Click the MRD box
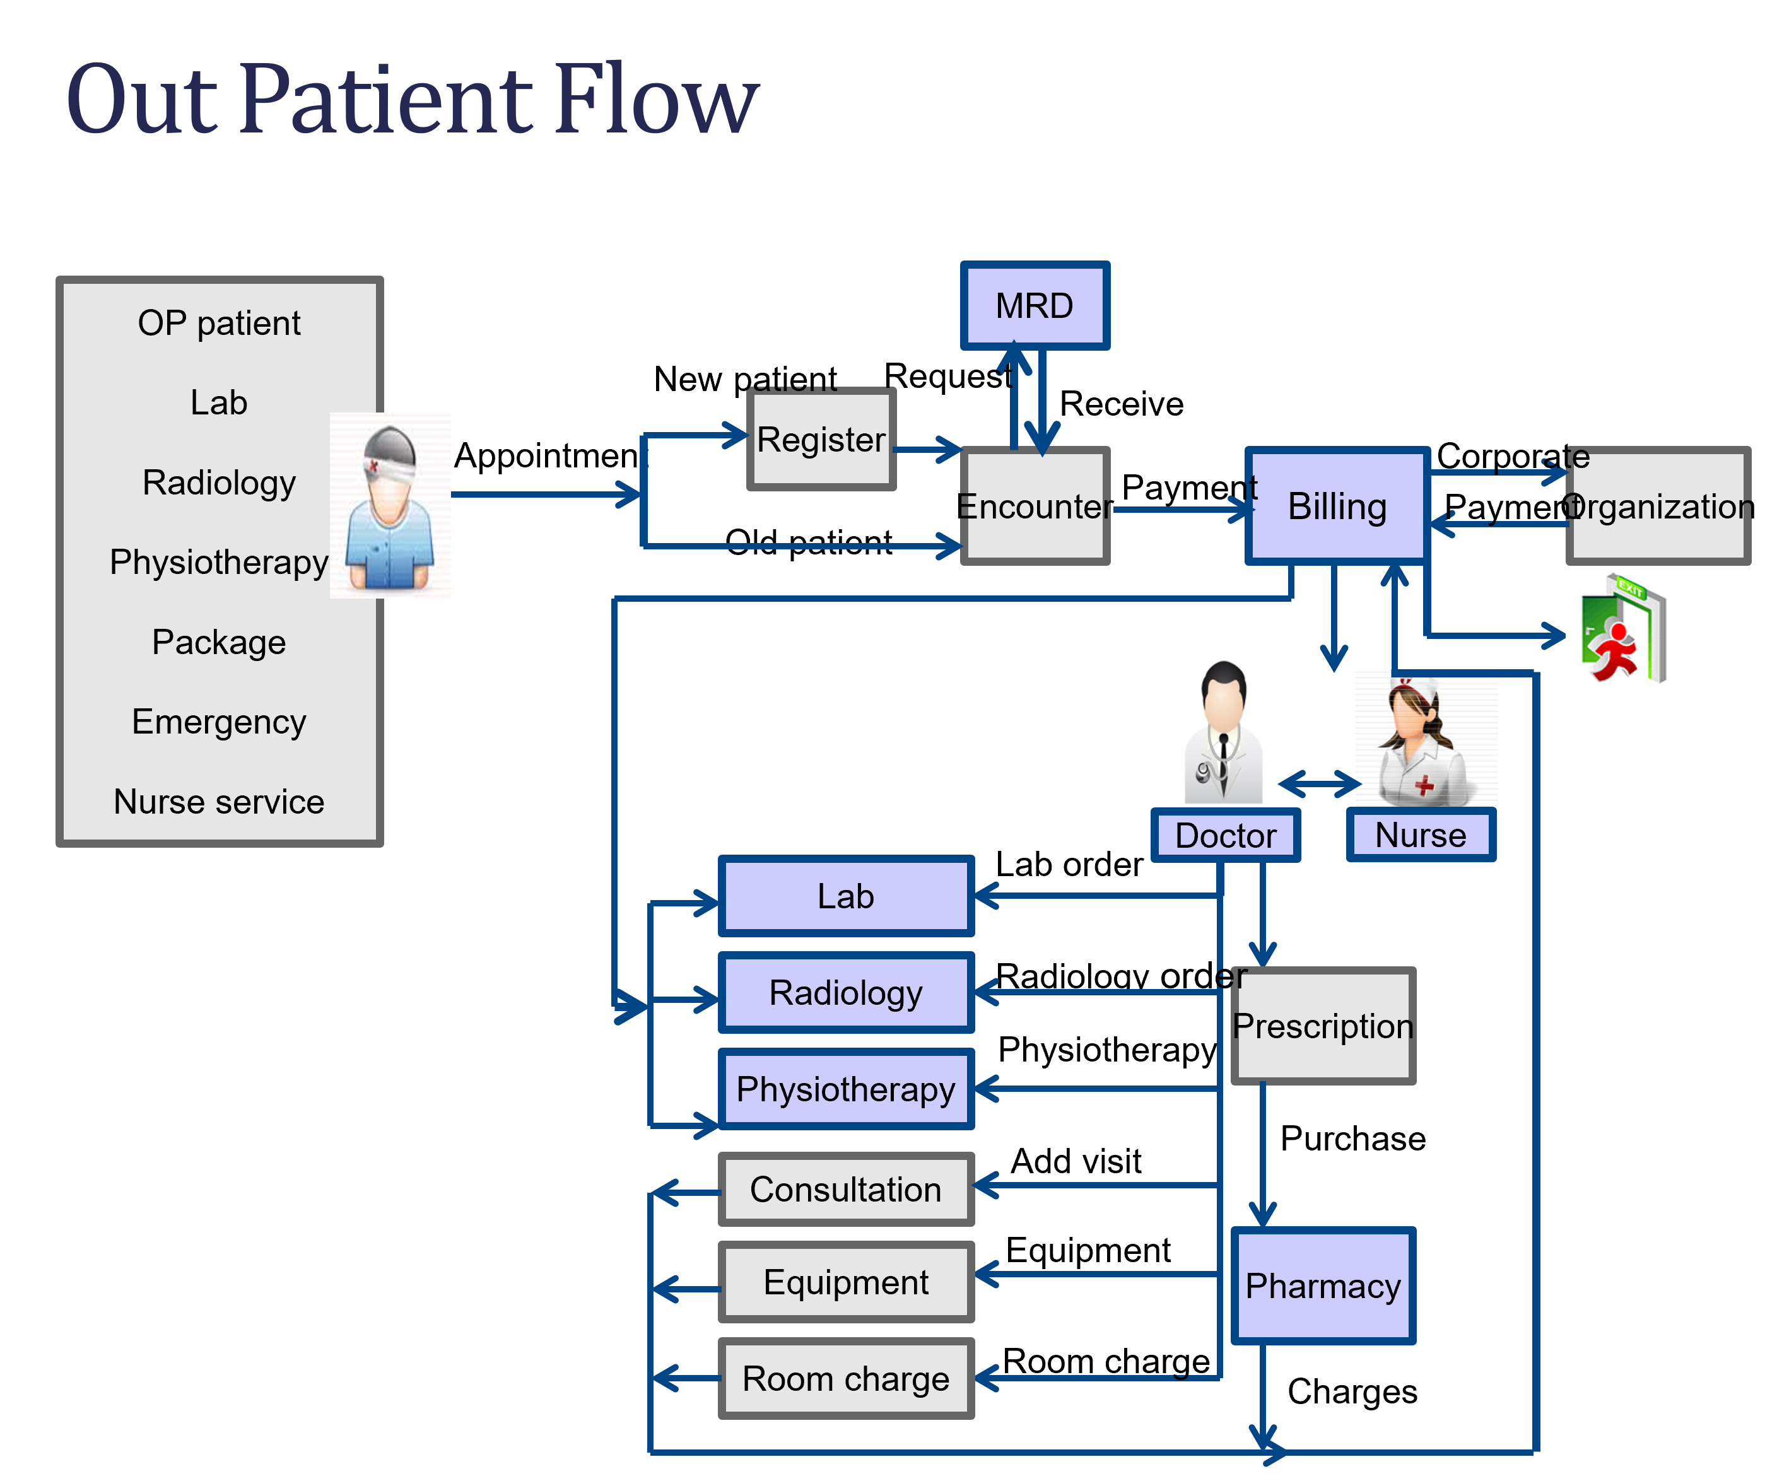click(1034, 305)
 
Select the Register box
click(821, 439)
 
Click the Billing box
click(1337, 506)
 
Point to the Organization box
click(1658, 506)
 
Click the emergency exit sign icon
click(1623, 628)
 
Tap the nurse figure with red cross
click(1426, 737)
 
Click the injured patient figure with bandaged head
click(390, 505)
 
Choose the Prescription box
click(1323, 1026)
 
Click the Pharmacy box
click(1323, 1285)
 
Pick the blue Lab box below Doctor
click(845, 896)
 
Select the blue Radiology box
click(845, 993)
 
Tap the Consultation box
click(845, 1189)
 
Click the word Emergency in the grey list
click(218, 722)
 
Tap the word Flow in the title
click(656, 100)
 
